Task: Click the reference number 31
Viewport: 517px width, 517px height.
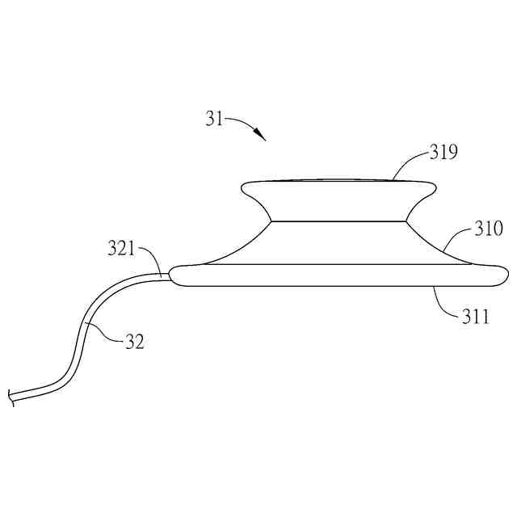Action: click(213, 120)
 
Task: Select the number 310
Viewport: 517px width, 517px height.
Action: click(488, 230)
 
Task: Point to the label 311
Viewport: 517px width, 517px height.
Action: click(475, 316)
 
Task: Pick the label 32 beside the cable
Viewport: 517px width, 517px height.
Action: click(134, 342)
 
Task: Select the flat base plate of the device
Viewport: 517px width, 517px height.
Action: click(339, 275)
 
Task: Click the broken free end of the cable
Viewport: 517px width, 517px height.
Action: click(11, 397)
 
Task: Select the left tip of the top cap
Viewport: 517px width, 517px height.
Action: click(243, 189)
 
